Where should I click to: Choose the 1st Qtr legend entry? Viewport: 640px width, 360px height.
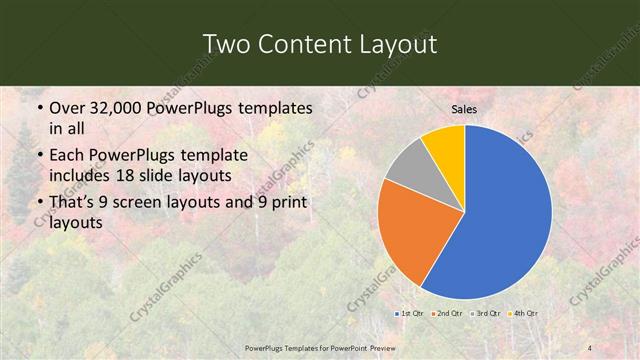pos(409,314)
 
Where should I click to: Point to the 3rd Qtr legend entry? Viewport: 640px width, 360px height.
pos(485,314)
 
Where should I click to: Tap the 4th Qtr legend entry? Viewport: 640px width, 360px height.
pos(523,314)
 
